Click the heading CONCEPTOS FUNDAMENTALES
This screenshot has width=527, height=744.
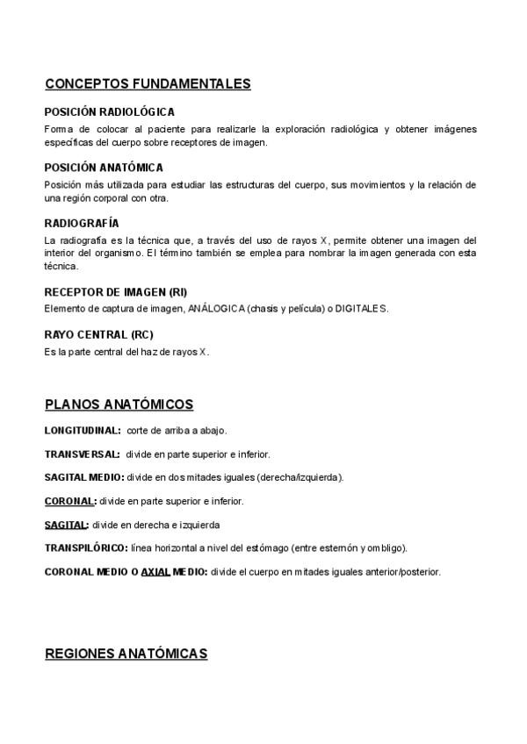point(148,84)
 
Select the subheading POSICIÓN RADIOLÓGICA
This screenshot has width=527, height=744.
point(109,112)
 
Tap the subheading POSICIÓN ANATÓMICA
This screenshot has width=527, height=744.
point(104,168)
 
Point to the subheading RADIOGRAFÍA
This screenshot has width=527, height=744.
point(81,224)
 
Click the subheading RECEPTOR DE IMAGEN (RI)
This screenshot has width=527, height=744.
point(115,292)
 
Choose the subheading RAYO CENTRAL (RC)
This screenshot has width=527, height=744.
point(98,334)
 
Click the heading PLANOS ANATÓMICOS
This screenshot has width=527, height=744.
point(119,404)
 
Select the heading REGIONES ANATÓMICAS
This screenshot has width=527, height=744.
point(126,654)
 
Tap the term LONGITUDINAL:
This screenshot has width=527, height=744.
point(83,431)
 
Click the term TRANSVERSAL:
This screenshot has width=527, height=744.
point(83,454)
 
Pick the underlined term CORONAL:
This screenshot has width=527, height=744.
point(70,501)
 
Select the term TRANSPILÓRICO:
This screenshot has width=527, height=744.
point(86,548)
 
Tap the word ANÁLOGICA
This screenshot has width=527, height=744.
point(216,309)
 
